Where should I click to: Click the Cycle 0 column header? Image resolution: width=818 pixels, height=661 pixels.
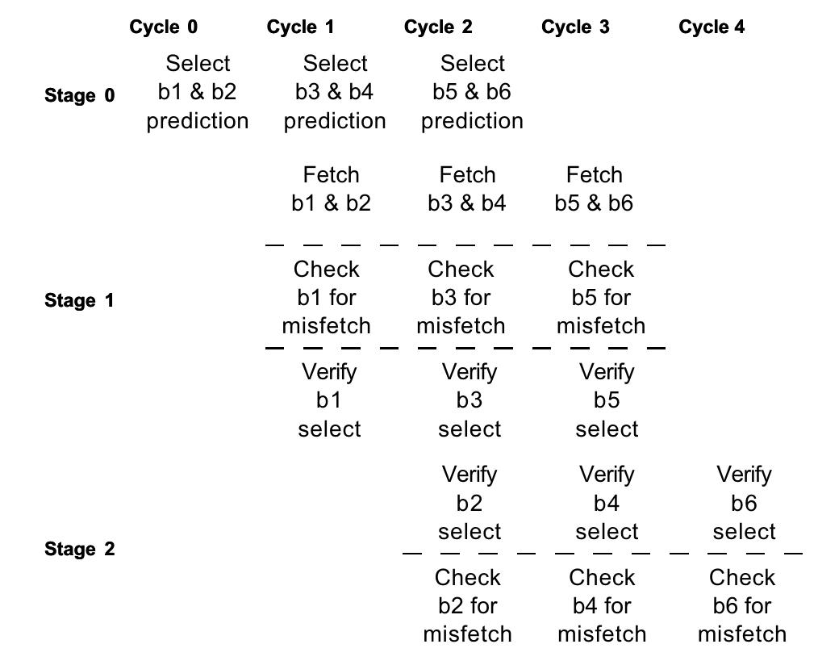click(163, 27)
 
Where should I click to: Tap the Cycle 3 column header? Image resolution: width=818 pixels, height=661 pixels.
click(575, 27)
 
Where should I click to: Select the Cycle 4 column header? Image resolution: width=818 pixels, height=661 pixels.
click(712, 27)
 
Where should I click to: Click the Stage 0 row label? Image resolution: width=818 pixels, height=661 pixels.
click(79, 96)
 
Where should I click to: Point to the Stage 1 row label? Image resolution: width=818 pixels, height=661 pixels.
click(79, 301)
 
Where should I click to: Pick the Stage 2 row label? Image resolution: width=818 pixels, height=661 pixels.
click(79, 550)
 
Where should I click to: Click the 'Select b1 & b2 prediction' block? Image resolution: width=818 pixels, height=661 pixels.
click(198, 92)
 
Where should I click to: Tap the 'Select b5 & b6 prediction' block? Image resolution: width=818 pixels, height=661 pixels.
click(472, 92)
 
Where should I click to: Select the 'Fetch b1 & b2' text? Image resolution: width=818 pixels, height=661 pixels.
click(331, 189)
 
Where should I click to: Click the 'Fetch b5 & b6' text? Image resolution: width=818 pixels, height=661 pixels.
click(594, 189)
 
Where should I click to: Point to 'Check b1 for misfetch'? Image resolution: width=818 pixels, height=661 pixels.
click(327, 297)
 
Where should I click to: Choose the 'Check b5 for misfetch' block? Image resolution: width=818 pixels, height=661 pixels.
click(601, 297)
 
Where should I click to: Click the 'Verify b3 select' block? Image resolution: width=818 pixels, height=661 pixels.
click(470, 400)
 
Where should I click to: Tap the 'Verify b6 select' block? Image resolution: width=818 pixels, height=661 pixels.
click(744, 503)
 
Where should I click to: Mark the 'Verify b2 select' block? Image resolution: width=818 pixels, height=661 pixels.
click(470, 503)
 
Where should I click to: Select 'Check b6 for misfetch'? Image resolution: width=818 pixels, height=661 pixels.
click(742, 605)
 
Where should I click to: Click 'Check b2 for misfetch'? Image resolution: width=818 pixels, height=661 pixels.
click(468, 605)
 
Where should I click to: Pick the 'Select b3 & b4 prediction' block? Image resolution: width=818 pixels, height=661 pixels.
click(335, 92)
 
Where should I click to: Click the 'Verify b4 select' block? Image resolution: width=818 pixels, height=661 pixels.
click(607, 503)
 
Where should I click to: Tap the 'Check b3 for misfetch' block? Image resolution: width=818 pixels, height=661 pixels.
click(461, 297)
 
